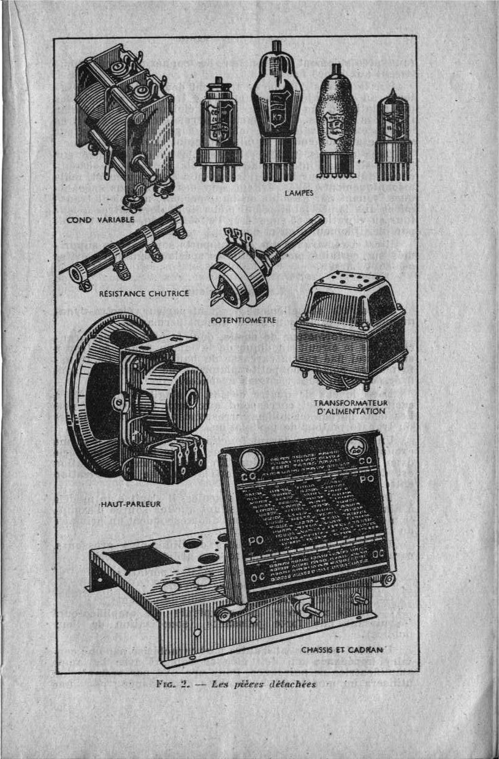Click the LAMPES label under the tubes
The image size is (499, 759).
(299, 193)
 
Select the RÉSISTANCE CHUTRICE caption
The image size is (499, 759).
(145, 293)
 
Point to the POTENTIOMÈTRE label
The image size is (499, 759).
(243, 320)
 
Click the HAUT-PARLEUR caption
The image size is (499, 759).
(130, 504)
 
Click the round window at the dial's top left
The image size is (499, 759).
(250, 459)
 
